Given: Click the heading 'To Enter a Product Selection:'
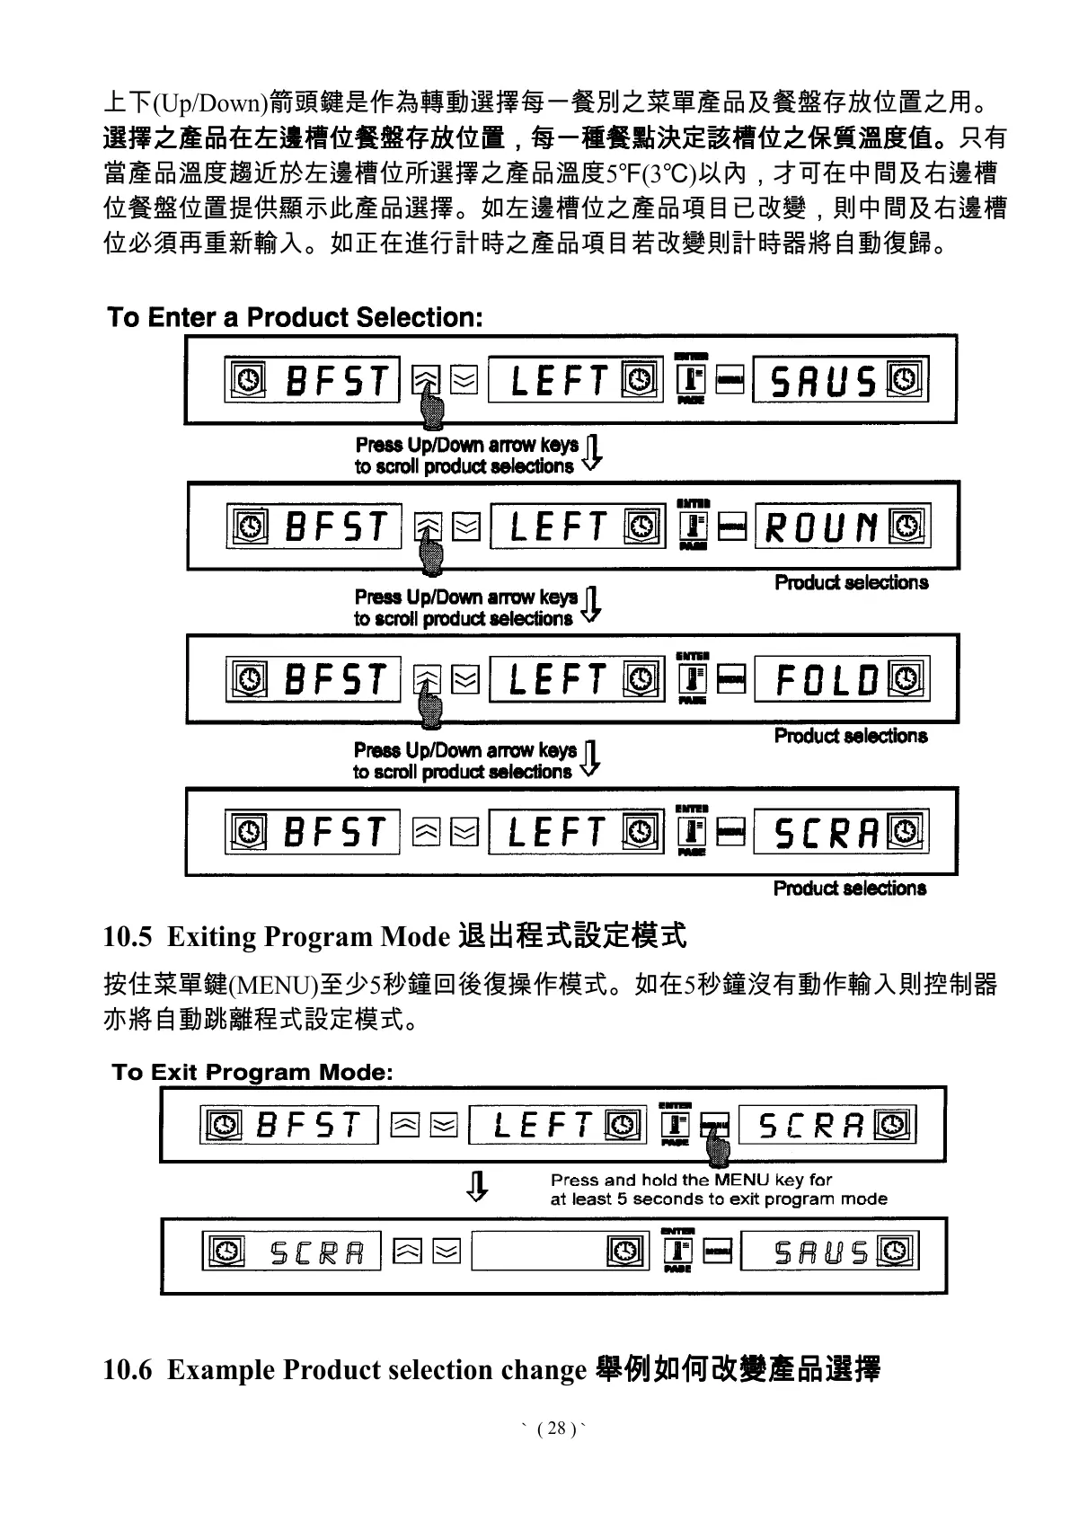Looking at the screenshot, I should (295, 317).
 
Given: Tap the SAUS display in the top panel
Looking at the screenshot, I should (824, 382).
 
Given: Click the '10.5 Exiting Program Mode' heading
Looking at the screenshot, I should (394, 936).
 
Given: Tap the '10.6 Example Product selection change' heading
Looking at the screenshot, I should (491, 1369).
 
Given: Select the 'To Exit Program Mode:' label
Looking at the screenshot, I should (252, 1072).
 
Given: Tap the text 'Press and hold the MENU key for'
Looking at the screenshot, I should (691, 1180).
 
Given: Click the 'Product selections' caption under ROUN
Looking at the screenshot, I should (851, 582).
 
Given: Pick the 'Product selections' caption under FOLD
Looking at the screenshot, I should (851, 736).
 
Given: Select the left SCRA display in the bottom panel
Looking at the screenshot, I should (316, 1252).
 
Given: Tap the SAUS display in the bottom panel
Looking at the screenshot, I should (821, 1252).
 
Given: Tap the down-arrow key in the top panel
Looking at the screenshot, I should (464, 381).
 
